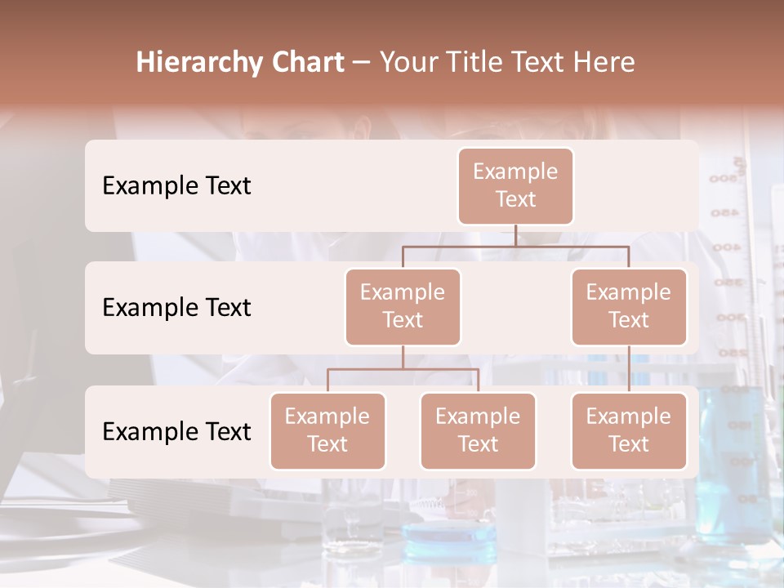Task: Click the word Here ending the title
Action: point(604,63)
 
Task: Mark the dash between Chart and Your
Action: point(362,64)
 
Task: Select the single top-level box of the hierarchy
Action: point(515,186)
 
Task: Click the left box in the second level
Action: point(403,307)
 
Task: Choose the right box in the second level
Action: point(629,307)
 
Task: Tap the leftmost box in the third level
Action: point(327,431)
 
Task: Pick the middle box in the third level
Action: point(478,431)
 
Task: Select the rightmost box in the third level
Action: point(629,431)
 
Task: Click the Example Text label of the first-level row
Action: point(176,186)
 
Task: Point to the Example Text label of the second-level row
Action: point(176,308)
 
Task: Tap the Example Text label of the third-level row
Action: point(176,431)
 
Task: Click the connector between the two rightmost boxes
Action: point(629,369)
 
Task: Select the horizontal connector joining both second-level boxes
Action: point(515,246)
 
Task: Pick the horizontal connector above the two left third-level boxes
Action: point(403,369)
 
